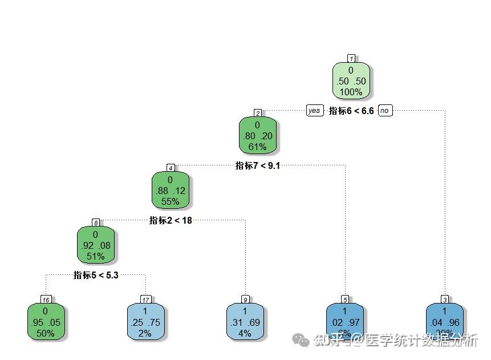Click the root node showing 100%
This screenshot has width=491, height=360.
351,80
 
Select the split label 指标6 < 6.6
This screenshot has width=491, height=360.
351,111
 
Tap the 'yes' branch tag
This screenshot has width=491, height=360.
314,111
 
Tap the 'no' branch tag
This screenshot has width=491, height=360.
386,111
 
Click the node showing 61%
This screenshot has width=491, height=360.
257,136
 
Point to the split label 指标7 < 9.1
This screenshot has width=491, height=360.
258,166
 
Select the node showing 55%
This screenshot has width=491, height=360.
170,191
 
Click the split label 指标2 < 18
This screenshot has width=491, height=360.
171,221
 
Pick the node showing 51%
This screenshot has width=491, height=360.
95,245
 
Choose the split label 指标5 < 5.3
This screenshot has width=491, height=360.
96,275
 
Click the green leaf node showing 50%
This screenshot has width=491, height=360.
45,322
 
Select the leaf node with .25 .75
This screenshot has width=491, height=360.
145,322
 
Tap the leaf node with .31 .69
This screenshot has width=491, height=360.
245,322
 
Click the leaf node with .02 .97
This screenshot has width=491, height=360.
344,322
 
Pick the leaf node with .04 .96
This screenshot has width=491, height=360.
444,322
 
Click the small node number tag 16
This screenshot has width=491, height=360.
46,300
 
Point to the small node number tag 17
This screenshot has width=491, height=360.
145,300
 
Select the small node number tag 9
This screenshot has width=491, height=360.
245,300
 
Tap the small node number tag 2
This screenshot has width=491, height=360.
258,113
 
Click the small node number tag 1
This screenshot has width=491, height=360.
351,58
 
